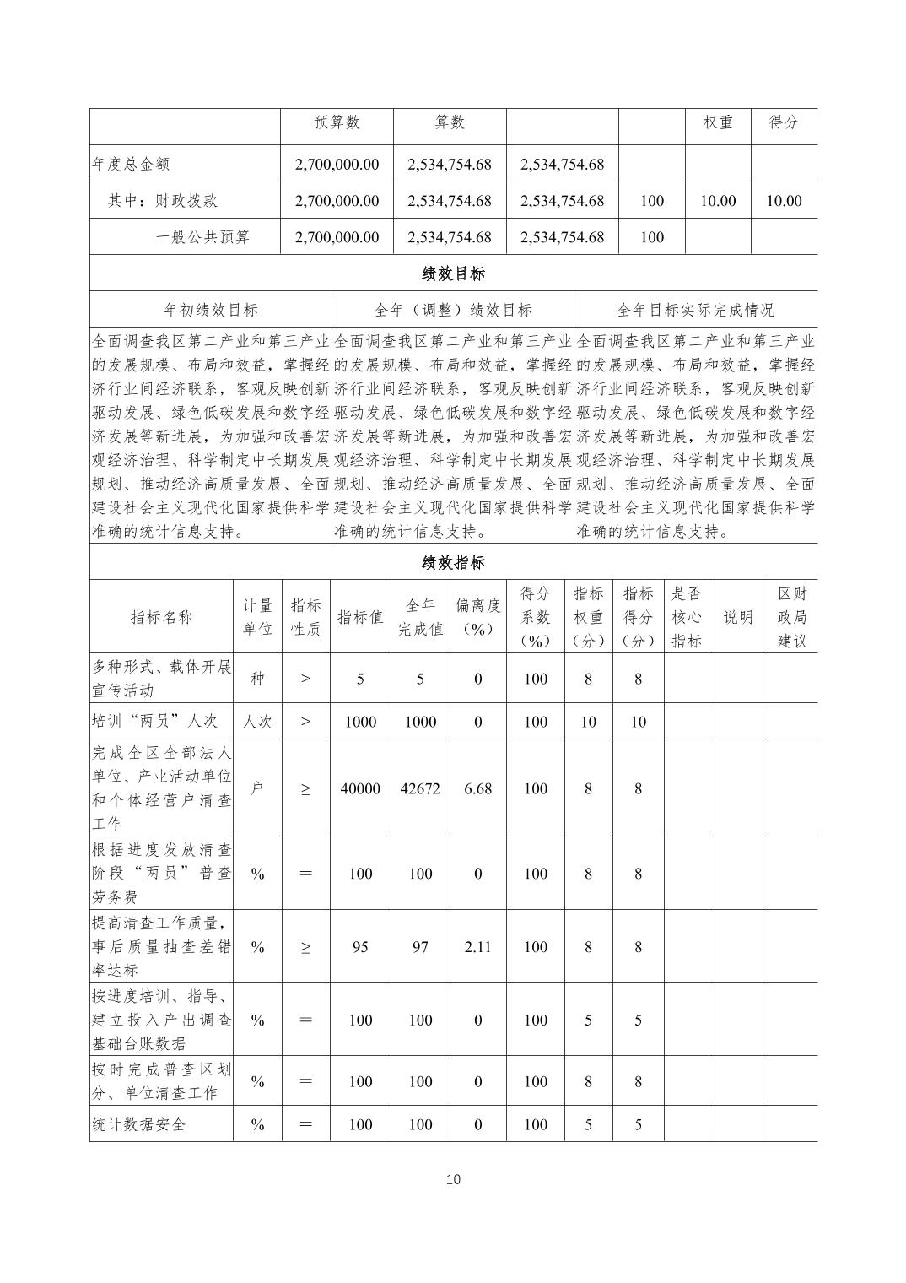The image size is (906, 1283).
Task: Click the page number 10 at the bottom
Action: (x=453, y=1179)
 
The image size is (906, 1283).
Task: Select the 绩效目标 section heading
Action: (x=453, y=273)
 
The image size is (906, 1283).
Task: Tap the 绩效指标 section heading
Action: (x=453, y=562)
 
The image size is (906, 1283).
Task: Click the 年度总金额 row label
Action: (x=131, y=164)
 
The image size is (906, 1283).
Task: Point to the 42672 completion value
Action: (x=420, y=788)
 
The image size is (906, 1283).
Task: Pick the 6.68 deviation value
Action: (x=477, y=788)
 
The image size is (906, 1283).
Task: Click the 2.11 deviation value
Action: (x=477, y=946)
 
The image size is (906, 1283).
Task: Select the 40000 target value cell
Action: (x=360, y=788)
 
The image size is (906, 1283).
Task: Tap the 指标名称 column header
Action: (x=161, y=617)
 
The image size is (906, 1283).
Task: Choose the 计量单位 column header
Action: (x=257, y=617)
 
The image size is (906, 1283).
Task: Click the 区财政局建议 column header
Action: (x=792, y=617)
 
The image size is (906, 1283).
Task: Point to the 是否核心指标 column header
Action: (x=686, y=617)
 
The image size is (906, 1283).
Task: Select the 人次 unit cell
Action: (x=257, y=722)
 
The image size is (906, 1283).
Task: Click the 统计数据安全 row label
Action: (x=138, y=1124)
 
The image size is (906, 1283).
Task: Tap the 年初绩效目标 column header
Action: (x=211, y=310)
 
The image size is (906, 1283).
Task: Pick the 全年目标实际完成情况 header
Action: (x=695, y=310)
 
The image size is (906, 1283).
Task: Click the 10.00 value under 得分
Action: (x=784, y=201)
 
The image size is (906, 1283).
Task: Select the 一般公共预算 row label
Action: (x=202, y=237)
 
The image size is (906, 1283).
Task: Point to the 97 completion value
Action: (x=420, y=946)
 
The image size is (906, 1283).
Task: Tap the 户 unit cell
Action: (x=257, y=788)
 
